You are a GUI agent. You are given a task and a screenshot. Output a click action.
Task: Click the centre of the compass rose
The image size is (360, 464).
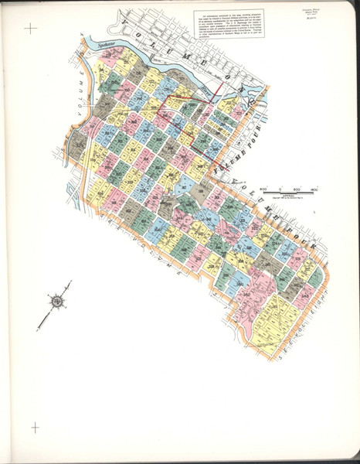click(x=57, y=299)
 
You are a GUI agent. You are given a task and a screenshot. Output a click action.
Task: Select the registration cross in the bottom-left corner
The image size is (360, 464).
click(x=34, y=427)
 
